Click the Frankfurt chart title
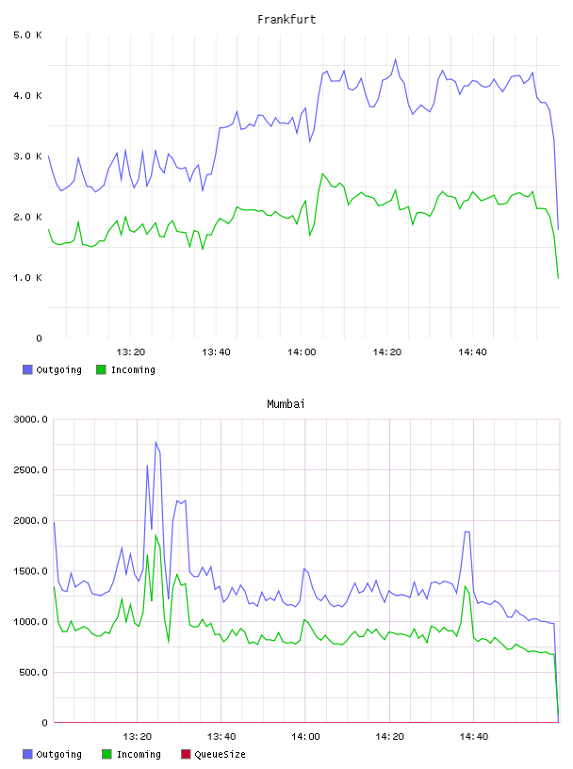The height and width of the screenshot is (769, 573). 286,20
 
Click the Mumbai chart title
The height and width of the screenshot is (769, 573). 286,404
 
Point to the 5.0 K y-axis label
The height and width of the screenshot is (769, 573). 28,35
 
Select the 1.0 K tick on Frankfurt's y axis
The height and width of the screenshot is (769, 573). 28,278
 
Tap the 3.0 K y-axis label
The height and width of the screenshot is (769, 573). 28,156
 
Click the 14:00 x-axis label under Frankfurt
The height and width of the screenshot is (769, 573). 302,352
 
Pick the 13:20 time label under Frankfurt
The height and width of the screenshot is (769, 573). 131,352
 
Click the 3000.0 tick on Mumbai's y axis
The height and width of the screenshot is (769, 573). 31,419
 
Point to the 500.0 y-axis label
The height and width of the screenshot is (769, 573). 33,672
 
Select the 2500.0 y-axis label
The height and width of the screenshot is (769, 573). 31,470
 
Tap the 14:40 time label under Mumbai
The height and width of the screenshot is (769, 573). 474,737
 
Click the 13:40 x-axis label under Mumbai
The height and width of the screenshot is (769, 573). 221,737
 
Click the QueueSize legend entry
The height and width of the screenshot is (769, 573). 221,754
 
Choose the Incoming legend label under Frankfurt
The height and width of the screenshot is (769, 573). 134,369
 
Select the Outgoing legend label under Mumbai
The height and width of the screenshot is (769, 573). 58,754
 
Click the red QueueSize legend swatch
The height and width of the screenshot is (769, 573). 186,754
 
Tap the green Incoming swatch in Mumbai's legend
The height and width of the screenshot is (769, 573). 106,754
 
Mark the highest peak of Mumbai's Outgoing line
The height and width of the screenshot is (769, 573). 156,442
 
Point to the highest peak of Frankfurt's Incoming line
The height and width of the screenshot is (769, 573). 323,173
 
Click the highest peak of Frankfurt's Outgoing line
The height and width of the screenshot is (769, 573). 396,58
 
